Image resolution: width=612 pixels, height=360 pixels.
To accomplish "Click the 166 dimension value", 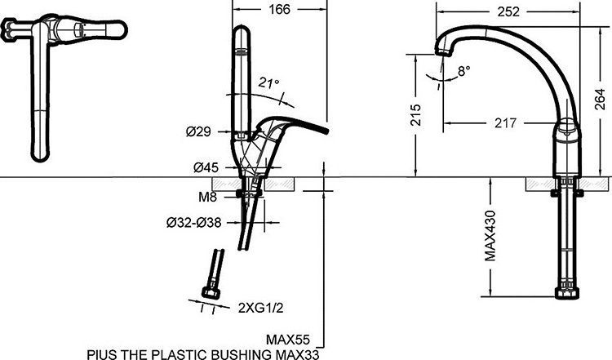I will coord(278,11).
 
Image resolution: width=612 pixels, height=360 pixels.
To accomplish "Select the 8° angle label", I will coord(463,71).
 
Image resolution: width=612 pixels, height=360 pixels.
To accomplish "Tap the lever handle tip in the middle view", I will coord(324,131).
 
